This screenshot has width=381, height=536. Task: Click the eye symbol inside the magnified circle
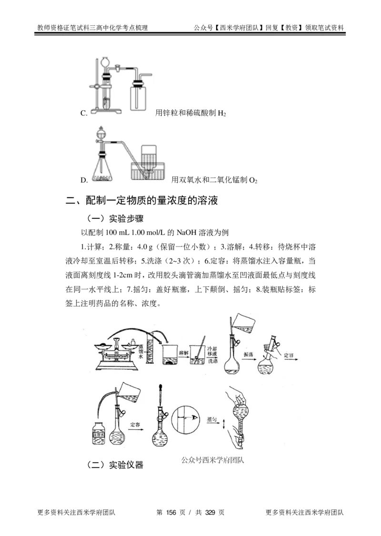click(x=194, y=417)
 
